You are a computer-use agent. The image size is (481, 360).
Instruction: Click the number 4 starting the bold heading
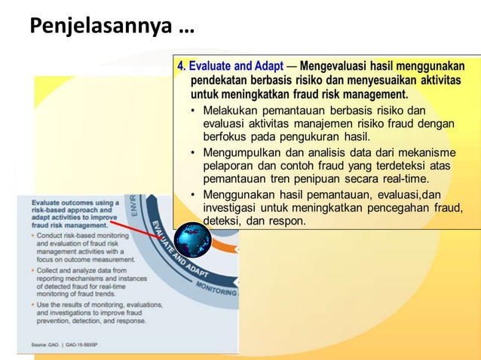[x=182, y=66]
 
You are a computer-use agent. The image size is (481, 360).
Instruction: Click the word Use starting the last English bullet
[x=44, y=304]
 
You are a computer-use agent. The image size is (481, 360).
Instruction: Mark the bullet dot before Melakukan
[x=193, y=111]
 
